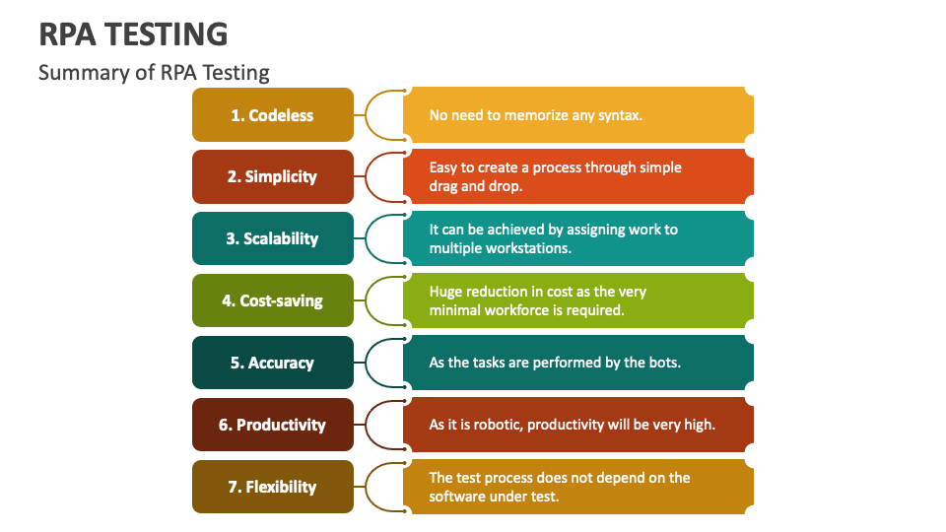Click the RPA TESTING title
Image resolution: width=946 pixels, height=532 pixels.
pos(133,34)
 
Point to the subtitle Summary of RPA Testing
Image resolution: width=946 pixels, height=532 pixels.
pos(154,73)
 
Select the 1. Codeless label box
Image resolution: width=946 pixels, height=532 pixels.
pos(272,115)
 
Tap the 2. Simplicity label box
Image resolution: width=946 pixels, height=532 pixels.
pos(272,177)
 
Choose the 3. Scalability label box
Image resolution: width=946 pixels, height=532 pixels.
pos(272,238)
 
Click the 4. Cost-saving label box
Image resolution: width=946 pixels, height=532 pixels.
pos(272,300)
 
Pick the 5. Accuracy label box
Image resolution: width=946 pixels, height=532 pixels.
pos(272,363)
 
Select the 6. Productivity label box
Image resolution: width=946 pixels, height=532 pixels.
pos(272,425)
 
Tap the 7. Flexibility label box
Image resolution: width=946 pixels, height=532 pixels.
pos(272,487)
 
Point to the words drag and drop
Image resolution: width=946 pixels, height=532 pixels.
pos(476,186)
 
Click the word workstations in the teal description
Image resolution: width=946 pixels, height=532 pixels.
pos(528,248)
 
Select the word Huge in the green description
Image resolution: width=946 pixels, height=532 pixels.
pos(445,292)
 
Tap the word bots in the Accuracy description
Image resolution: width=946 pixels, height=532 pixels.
pos(664,363)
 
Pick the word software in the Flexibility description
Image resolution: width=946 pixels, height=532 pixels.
pos(457,497)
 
